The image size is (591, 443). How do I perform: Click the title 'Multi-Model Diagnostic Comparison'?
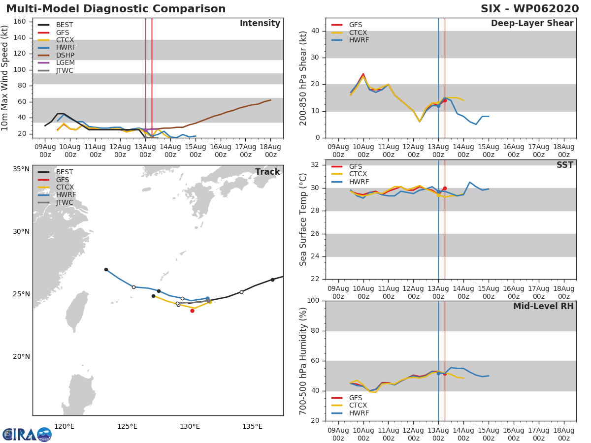[x=116, y=9]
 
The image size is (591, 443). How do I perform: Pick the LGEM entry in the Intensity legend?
[x=65, y=63]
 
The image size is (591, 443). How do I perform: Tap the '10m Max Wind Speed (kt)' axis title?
[x=5, y=78]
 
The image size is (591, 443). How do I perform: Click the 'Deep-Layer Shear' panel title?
[x=532, y=24]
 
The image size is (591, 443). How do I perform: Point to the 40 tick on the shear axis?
[x=316, y=31]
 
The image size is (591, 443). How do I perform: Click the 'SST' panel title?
[x=565, y=165]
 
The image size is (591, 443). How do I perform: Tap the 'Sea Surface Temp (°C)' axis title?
[x=304, y=220]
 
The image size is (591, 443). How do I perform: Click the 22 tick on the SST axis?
[x=316, y=280]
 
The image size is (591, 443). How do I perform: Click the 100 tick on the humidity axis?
[x=313, y=301]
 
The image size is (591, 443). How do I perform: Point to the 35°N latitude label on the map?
[x=21, y=169]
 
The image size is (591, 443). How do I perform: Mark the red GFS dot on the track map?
[x=192, y=311]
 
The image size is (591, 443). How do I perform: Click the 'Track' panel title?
[x=267, y=172]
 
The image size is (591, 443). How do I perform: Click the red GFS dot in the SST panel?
[x=445, y=189]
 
